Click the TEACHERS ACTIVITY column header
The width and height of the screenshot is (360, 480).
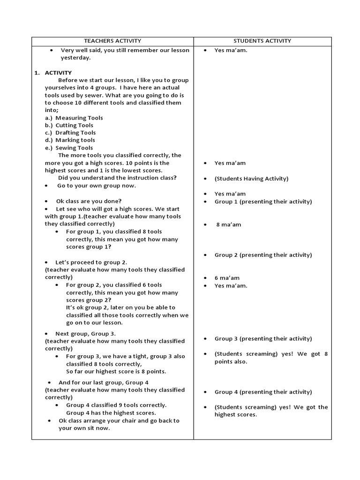point(112,41)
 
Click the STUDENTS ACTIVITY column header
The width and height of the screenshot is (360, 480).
point(262,41)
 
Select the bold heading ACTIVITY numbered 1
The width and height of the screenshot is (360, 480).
point(58,73)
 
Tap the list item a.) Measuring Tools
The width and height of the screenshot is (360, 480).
point(74,118)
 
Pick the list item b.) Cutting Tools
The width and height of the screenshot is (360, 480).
point(69,125)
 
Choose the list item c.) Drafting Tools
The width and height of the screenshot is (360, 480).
point(70,133)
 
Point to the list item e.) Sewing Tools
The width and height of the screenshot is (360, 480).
point(69,148)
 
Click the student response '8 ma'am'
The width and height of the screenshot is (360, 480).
point(228,225)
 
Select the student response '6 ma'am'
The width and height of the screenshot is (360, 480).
point(227,278)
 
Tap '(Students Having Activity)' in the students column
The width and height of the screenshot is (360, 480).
point(251,179)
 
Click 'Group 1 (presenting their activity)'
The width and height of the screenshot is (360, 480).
point(263,202)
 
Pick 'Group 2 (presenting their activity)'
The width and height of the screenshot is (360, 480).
point(263,255)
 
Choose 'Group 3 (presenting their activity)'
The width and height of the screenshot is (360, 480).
point(263,338)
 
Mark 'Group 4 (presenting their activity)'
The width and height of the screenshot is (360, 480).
point(263,392)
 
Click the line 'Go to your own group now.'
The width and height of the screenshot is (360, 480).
point(97,186)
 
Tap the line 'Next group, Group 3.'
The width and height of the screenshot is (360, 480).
point(85,333)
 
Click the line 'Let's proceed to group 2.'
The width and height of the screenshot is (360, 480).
point(91,262)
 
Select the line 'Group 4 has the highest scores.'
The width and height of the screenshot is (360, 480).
point(111,413)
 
